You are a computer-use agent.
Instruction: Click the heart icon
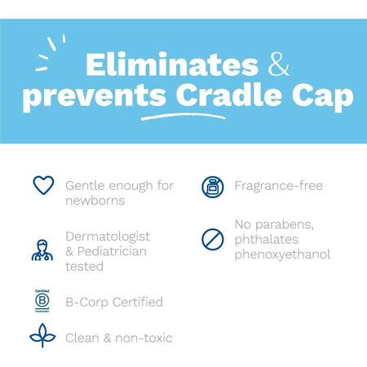42,185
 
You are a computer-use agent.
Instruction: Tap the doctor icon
42,249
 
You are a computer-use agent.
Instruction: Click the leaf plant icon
42,336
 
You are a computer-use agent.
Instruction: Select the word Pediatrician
117,250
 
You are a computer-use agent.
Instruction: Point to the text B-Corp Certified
114,302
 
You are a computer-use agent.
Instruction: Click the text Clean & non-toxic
120,338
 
